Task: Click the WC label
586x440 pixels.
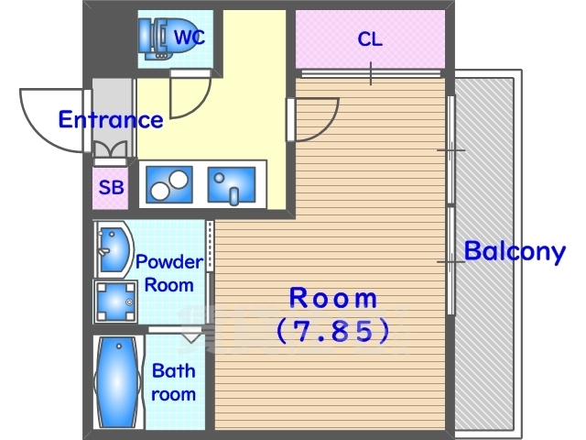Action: [190, 37]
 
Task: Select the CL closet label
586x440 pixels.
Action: [370, 38]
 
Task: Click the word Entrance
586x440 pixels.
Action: [111, 120]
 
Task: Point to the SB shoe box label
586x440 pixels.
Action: [111, 187]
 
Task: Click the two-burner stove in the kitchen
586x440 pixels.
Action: [169, 185]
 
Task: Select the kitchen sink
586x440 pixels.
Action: [232, 185]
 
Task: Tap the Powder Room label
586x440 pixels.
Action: [169, 273]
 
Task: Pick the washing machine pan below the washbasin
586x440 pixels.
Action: [115, 302]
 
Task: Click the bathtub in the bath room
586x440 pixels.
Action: [117, 382]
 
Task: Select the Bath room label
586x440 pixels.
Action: [174, 382]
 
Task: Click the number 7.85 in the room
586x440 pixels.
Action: [332, 332]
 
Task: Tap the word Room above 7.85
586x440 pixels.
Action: [333, 298]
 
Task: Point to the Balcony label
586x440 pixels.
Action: [515, 251]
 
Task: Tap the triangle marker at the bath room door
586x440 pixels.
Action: [191, 338]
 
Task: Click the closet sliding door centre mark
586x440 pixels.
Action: [371, 73]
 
